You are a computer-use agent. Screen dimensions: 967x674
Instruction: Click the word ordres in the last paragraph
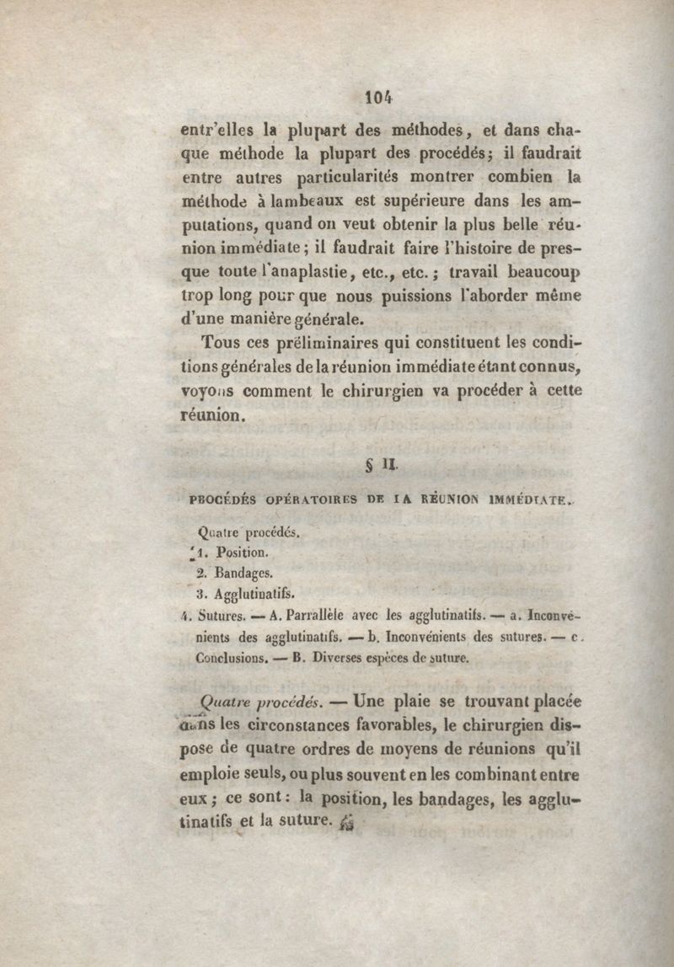click(x=315, y=748)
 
